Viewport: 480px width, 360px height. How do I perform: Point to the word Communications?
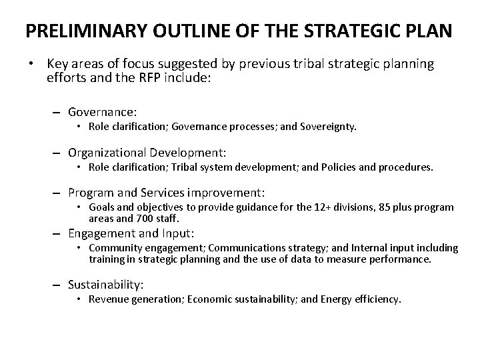coord(237,248)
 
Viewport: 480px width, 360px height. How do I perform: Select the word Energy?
coord(341,300)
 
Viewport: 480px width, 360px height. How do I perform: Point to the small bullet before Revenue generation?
coord(79,300)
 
